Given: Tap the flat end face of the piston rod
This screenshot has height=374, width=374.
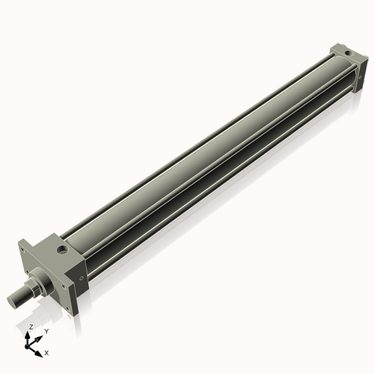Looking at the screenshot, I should point(12,300).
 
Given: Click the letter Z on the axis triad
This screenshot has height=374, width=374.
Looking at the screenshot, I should point(31,328).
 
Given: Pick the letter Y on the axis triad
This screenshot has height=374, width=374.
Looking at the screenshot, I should point(46,331).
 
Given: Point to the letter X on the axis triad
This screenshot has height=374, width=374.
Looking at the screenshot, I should point(47,352).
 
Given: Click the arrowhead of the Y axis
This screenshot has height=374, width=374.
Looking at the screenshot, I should point(41,336).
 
